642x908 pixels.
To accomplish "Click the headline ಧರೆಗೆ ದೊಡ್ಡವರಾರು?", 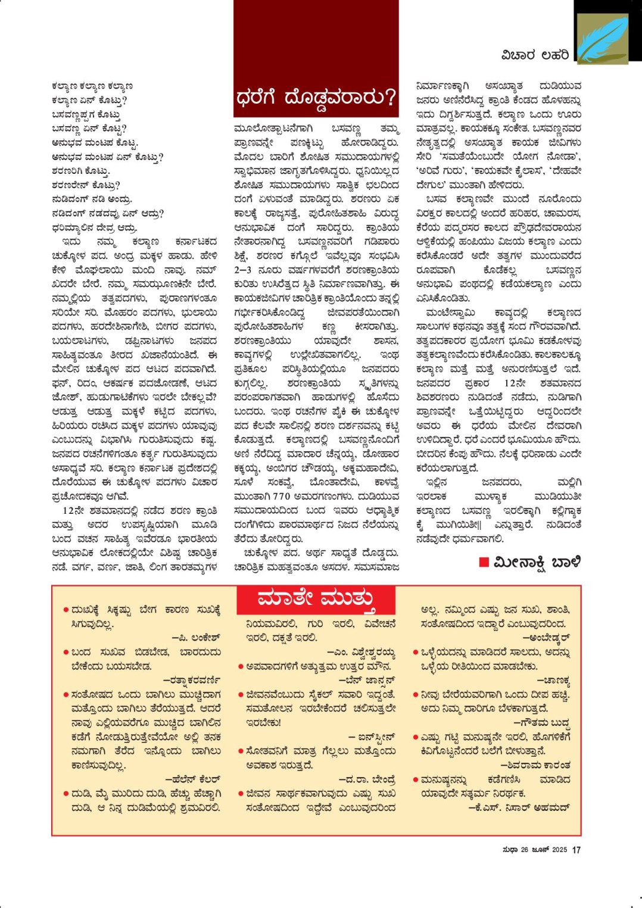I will pos(316,96).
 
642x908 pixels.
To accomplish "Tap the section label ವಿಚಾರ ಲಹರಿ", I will pos(535,55).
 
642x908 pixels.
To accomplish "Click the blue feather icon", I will pos(602,39).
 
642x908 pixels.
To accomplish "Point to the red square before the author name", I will pos(484,562).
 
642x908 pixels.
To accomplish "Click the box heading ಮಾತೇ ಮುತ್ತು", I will pos(316,598).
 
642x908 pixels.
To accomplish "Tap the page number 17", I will pos(576,850).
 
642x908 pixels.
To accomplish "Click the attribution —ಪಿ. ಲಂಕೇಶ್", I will pos(196,638).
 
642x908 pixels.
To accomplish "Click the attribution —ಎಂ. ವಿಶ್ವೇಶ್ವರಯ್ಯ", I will pos(361,652).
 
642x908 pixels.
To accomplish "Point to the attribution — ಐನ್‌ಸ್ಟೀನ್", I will pos(372,737).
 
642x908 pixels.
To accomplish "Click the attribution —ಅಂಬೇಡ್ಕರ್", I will pos(546,638).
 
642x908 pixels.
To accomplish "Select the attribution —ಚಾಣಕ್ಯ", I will pos(553,680).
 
